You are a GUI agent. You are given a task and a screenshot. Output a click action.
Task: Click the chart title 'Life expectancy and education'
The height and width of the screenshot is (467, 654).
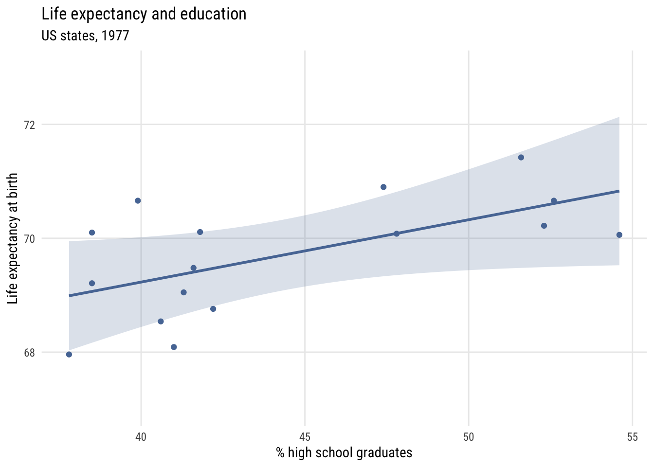[x=144, y=14]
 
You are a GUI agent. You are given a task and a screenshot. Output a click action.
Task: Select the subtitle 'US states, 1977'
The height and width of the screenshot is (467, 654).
[x=85, y=36]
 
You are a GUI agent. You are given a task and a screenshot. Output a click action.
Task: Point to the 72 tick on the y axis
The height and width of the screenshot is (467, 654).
[x=30, y=125]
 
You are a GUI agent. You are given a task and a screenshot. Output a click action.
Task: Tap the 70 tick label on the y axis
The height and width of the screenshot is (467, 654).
[x=30, y=238]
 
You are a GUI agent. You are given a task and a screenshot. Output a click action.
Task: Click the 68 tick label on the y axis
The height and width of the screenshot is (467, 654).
[x=30, y=353]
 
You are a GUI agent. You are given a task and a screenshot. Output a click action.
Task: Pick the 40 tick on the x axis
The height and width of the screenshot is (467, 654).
[x=141, y=437]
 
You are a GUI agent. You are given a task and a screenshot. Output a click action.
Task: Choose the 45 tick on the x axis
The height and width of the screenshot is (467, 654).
[x=305, y=437]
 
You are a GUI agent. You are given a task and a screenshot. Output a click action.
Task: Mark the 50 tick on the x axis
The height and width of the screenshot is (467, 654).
[x=469, y=437]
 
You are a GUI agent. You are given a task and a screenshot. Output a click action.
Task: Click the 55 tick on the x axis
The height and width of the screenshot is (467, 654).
[x=632, y=437]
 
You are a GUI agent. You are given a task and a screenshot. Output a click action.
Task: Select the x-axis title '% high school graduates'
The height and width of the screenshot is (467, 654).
[x=344, y=453]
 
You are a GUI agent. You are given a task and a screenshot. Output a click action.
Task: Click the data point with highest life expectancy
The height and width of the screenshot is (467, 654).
[x=521, y=157]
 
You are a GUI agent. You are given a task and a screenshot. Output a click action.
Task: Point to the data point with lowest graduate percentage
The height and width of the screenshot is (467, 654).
[x=69, y=354]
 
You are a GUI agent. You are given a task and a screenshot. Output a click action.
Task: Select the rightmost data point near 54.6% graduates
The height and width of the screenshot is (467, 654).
[x=619, y=235]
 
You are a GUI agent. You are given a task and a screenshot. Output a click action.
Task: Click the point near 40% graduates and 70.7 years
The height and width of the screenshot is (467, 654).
[x=138, y=201]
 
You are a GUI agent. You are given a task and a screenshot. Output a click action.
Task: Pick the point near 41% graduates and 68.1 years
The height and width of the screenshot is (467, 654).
[x=174, y=347]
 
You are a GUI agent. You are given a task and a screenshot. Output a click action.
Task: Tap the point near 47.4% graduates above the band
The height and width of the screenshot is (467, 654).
[x=383, y=187]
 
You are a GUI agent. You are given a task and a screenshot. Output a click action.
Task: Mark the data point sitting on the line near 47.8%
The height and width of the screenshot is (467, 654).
[x=397, y=233]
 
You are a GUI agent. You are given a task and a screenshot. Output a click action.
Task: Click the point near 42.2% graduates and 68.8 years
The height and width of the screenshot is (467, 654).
[x=213, y=309]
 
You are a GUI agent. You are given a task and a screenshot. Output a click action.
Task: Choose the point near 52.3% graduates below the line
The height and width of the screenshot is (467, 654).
[x=544, y=226]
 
